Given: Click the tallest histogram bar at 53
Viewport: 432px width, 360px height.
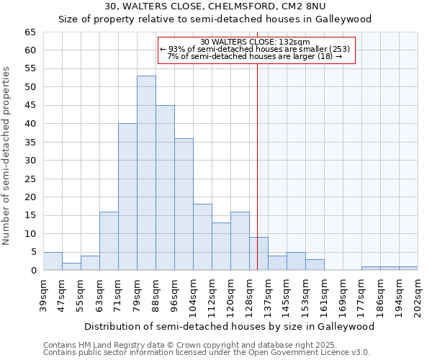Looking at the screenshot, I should coord(146,173).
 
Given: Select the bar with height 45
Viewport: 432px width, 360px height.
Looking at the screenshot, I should coord(165,187).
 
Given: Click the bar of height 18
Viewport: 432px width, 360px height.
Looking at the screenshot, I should coord(202,237).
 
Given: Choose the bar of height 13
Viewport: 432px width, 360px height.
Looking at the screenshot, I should coord(221,246).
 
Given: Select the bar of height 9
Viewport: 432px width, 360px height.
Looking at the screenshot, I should coord(258,253).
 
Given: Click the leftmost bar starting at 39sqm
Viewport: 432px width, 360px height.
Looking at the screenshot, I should coord(53,261).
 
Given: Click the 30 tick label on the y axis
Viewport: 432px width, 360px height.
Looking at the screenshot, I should coord(30,161).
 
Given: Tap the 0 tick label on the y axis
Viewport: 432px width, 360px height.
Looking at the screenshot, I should coord(33,271).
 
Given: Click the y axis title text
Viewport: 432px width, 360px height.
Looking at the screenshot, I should coord(8,156).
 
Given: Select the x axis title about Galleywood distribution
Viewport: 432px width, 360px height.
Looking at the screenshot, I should coord(230,326).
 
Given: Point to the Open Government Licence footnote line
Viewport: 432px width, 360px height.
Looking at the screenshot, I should coord(207,353).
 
